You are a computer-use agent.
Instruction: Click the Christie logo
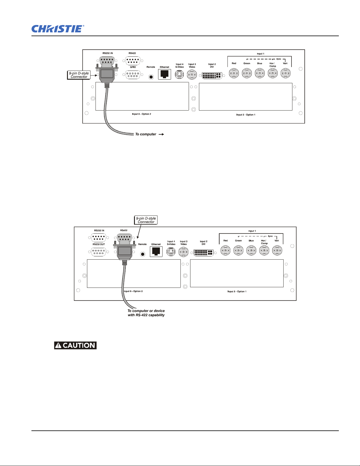click(58, 29)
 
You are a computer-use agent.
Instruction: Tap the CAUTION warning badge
click(76, 345)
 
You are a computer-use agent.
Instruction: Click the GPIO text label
click(133, 67)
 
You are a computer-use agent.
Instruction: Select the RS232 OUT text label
click(99, 244)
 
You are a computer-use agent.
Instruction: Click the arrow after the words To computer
click(161, 134)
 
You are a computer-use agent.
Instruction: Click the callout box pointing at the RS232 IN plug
click(79, 75)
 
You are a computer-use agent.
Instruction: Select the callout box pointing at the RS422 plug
click(146, 220)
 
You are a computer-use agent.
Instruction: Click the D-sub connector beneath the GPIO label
click(133, 75)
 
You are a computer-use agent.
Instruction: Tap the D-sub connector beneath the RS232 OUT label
click(98, 252)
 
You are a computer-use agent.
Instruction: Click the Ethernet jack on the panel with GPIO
click(165, 75)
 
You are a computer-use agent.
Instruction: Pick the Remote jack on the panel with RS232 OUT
click(143, 254)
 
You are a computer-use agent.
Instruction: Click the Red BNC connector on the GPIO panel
click(234, 73)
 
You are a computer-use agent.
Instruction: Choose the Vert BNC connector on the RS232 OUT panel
click(277, 250)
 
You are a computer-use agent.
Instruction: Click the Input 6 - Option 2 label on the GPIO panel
click(141, 114)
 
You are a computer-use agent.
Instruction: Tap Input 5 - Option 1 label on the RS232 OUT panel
click(237, 292)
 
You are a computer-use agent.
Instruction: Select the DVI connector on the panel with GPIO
click(212, 76)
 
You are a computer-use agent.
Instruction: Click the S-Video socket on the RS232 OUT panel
click(171, 252)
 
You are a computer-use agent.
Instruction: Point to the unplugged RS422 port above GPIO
click(133, 61)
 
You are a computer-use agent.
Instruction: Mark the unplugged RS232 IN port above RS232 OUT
click(99, 238)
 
